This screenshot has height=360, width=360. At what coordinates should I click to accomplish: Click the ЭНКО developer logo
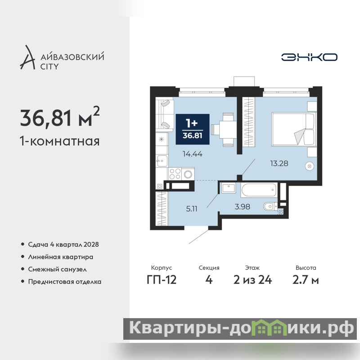(x=309, y=57)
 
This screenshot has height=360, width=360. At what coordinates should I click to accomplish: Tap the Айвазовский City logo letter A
(x=28, y=58)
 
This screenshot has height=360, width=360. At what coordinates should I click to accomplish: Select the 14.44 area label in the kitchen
(x=193, y=154)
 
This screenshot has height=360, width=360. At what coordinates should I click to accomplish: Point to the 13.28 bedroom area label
(x=279, y=163)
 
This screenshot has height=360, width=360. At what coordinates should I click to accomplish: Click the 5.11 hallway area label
(x=192, y=209)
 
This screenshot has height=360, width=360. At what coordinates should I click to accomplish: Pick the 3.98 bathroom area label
(x=242, y=207)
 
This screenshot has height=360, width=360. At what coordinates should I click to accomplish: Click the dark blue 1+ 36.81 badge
(x=193, y=129)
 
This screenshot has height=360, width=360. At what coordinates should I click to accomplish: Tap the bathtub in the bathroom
(x=259, y=190)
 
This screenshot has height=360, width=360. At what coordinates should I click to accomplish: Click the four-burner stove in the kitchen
(x=175, y=174)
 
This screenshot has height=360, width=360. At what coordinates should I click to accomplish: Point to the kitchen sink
(x=162, y=161)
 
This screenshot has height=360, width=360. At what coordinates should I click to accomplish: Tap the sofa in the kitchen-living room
(x=165, y=115)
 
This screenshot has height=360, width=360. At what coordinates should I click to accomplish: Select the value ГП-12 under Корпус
(x=162, y=280)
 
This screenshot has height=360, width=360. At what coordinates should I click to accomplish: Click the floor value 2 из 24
(x=252, y=280)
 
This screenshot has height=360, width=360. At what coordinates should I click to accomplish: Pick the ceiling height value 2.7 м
(x=306, y=280)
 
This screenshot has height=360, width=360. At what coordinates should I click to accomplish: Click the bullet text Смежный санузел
(x=58, y=269)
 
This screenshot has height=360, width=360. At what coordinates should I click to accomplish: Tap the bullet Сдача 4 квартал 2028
(x=63, y=244)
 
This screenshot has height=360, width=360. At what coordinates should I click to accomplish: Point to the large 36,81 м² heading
(x=60, y=117)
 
